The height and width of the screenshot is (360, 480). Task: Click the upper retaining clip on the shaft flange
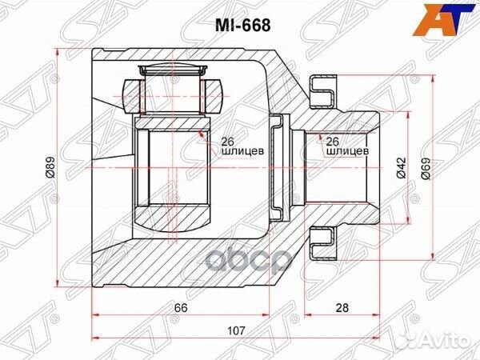[x=324, y=90]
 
